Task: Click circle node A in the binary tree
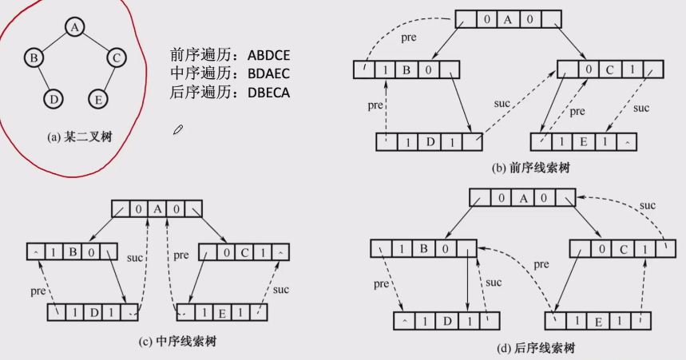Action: pos(74,27)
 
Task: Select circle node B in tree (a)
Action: pos(34,58)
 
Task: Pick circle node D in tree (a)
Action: pos(53,98)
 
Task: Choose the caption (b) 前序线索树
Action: pos(532,168)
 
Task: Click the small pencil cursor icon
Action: pos(178,129)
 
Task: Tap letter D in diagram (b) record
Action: pos(430,142)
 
